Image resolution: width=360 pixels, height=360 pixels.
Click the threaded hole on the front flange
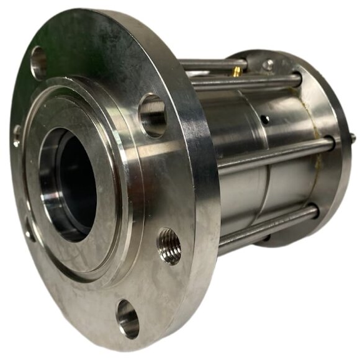[169, 246]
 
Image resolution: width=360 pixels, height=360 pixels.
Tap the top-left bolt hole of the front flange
[38, 63]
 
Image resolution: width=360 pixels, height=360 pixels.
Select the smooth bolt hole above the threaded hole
[152, 115]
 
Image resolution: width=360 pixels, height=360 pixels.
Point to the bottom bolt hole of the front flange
[128, 318]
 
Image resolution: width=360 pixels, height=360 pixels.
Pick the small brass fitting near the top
[236, 72]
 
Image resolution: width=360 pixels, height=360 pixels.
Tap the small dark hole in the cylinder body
[265, 119]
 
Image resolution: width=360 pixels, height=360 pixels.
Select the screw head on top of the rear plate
[268, 63]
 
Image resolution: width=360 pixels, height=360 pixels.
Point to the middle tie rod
[273, 155]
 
